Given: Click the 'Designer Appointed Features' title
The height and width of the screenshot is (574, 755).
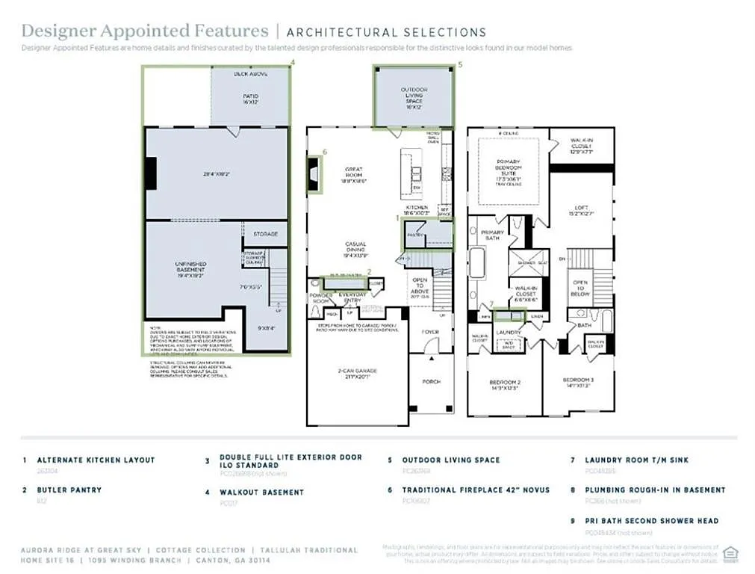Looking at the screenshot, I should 144,31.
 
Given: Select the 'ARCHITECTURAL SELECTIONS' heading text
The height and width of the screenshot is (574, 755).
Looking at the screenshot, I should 386,32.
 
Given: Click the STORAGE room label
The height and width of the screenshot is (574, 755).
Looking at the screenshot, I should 265,234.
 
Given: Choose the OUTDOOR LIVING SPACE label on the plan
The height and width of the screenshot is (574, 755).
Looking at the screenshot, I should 414,98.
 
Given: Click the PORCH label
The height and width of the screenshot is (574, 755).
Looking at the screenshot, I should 432,381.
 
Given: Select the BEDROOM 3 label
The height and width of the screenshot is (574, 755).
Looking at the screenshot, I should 577,383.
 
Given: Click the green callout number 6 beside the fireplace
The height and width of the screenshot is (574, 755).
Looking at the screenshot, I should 325,152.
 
